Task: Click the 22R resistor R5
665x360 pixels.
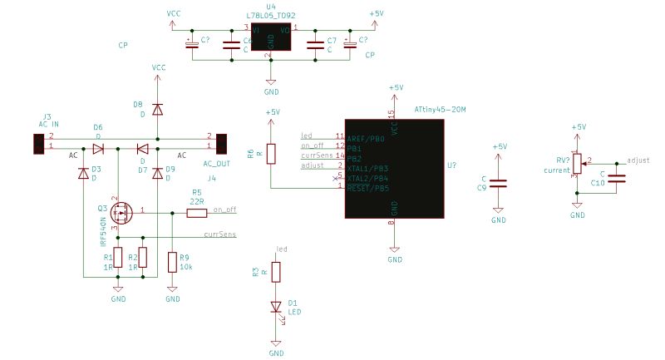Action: coord(197,213)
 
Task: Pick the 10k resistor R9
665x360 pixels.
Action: coord(172,263)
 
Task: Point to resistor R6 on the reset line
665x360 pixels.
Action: coord(271,154)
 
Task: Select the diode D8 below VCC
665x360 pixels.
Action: coord(158,108)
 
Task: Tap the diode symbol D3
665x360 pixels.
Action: coord(83,173)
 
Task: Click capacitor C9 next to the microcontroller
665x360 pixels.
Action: coord(498,183)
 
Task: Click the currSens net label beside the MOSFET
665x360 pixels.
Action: coord(219,235)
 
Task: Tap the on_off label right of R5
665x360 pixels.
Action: coord(224,210)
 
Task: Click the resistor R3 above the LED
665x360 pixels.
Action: coord(277,272)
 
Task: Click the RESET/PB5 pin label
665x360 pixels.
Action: coord(368,188)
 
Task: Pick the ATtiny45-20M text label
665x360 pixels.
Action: coord(440,110)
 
